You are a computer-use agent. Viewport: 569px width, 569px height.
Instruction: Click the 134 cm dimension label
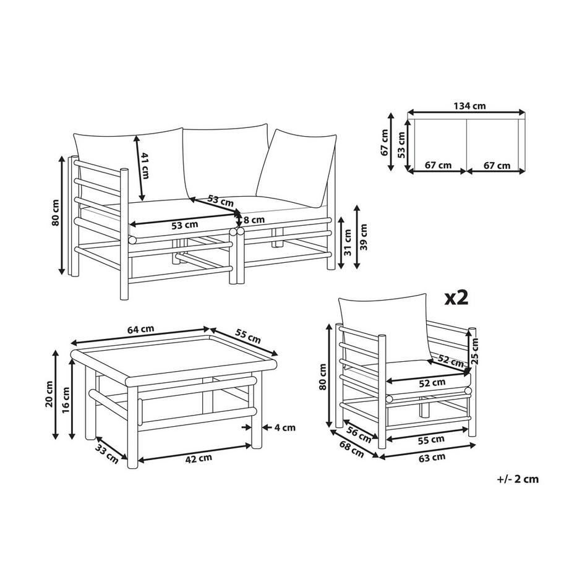469,106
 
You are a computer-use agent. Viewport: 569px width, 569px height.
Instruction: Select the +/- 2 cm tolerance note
518,479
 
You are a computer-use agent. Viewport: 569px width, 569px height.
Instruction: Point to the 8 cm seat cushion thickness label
254,220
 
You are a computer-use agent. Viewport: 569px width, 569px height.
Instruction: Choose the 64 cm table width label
141,329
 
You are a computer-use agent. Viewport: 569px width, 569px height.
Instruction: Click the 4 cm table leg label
285,427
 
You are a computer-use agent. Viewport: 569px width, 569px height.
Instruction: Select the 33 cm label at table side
107,453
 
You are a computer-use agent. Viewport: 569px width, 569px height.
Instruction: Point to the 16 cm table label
66,400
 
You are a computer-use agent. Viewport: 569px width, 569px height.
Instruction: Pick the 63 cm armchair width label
432,458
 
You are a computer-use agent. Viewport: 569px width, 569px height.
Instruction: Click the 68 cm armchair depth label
352,448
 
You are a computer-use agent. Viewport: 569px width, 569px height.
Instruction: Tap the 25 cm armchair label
474,351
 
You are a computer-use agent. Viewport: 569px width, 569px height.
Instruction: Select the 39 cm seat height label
364,237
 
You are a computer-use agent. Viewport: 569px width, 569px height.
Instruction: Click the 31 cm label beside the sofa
348,242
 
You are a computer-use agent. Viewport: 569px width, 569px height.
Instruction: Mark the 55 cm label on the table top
248,336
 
